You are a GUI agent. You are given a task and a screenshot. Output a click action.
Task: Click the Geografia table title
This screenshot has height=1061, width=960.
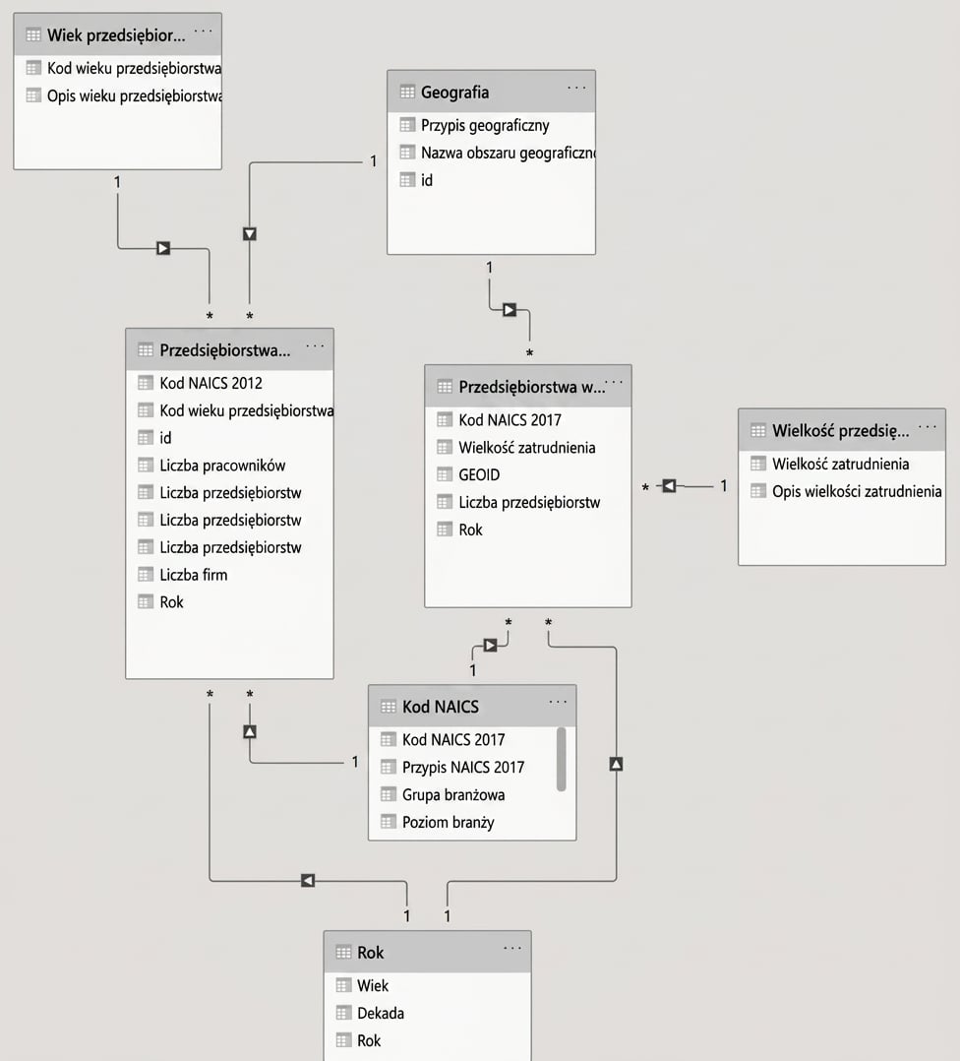(x=454, y=93)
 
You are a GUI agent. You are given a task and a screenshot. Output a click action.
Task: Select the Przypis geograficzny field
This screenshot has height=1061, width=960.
(x=485, y=125)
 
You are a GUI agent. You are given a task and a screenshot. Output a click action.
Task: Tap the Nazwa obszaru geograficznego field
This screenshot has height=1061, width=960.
(x=508, y=153)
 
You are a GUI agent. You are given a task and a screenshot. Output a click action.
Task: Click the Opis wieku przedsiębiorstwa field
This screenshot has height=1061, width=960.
(x=134, y=96)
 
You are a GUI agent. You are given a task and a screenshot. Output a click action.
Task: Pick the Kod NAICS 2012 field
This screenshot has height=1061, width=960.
(x=210, y=383)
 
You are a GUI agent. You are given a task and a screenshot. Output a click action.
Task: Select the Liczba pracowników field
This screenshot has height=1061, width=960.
(x=222, y=466)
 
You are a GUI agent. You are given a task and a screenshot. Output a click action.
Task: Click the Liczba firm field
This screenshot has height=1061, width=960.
(x=194, y=575)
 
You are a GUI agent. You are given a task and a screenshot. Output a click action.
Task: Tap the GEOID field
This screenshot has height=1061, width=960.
(x=479, y=475)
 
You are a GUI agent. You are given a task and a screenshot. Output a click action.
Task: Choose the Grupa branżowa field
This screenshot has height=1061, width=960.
(x=453, y=795)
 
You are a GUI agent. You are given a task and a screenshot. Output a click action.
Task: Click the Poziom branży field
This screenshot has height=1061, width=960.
(x=448, y=823)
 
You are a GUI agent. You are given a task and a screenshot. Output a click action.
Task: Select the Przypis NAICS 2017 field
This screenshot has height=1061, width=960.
(x=463, y=768)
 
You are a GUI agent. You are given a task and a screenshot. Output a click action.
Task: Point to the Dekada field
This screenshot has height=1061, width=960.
(x=381, y=1014)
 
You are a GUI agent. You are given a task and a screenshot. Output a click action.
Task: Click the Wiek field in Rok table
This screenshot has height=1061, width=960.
(x=373, y=986)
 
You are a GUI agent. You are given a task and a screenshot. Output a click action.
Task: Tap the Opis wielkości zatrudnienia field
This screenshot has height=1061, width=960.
(x=857, y=491)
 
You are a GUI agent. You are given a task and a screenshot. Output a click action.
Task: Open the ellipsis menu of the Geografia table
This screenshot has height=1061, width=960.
(x=576, y=88)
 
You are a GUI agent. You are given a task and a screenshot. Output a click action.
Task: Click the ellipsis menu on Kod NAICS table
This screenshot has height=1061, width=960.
(x=558, y=703)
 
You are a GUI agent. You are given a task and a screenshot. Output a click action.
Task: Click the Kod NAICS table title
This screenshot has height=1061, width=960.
(x=440, y=707)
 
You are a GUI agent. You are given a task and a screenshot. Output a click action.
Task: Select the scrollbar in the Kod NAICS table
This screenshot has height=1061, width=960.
(x=561, y=759)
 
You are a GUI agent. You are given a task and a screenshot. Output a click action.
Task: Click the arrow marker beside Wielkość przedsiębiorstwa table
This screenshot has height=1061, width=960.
(x=669, y=486)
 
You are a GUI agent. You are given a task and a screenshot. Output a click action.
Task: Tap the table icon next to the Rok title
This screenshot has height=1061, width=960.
(x=343, y=952)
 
